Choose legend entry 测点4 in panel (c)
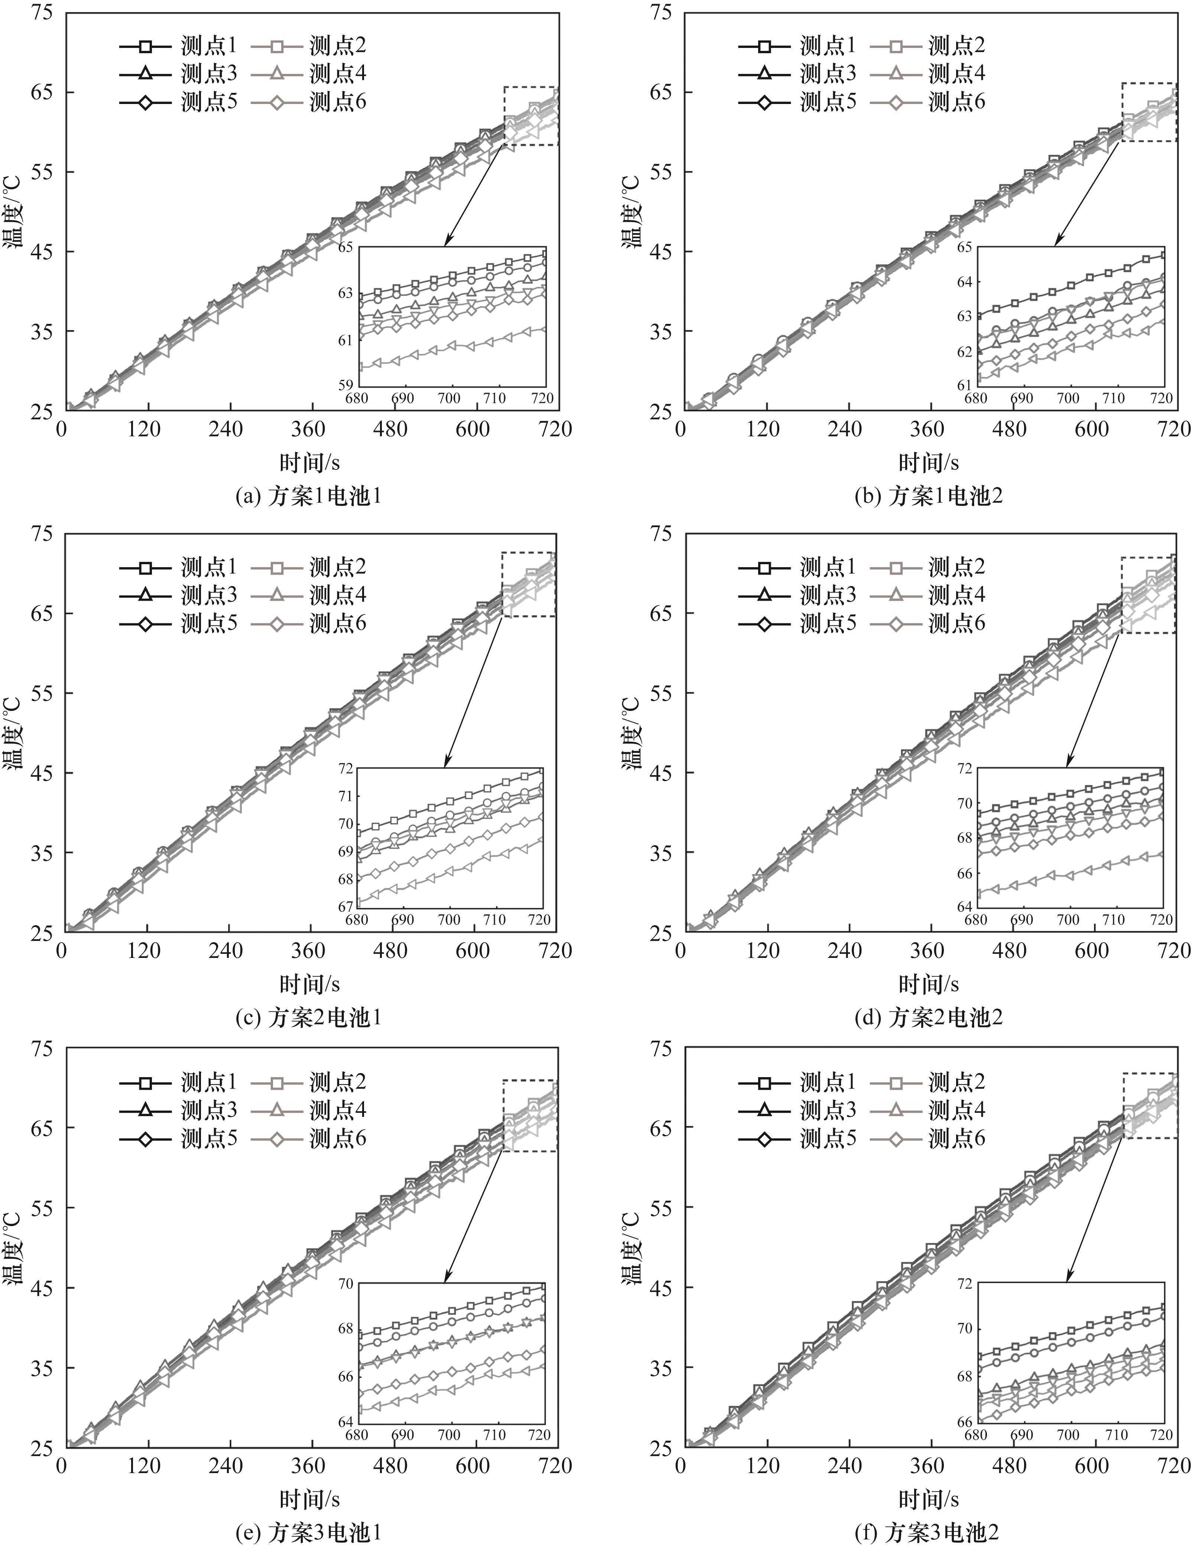click(337, 595)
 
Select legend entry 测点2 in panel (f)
click(956, 1082)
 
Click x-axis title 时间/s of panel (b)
click(929, 462)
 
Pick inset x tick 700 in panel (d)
click(1067, 920)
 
